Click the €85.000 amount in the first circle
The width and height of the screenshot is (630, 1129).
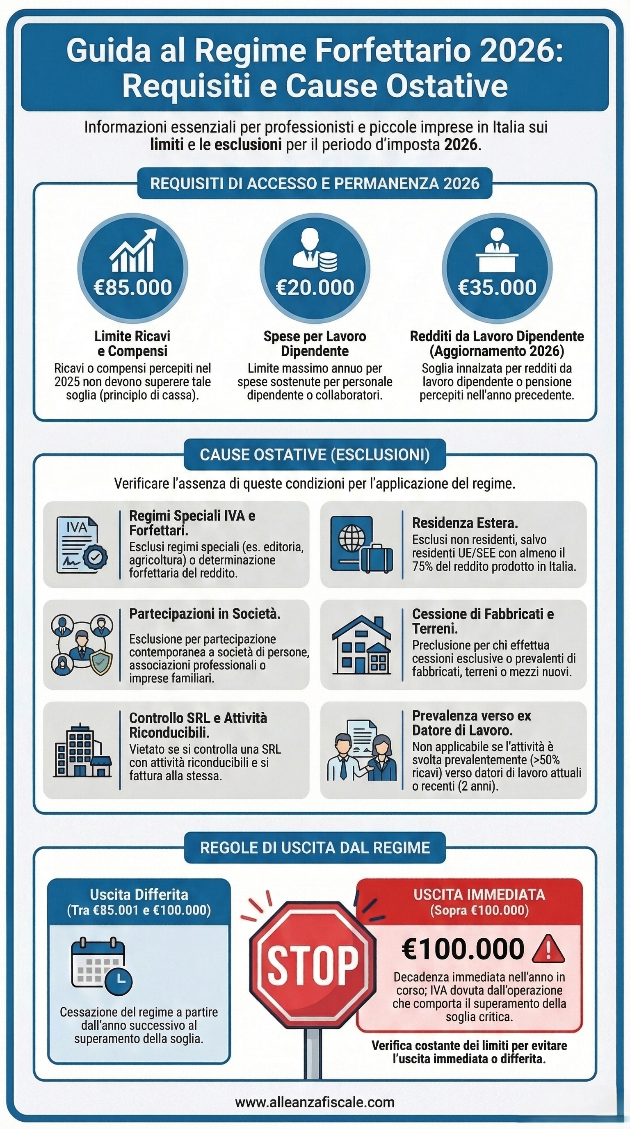coord(133,288)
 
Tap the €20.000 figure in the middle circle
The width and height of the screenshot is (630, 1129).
coord(315,288)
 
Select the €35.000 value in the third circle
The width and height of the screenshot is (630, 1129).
coord(497,288)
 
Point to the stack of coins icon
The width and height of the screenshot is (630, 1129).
coord(328,262)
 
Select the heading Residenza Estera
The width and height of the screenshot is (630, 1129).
coord(465,523)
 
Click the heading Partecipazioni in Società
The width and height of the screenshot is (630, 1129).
coord(205,614)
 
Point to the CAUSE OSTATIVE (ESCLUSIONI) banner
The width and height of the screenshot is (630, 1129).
coord(315,455)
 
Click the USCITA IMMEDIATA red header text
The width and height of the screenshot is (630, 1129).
coord(479,894)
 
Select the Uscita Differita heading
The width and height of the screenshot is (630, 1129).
coord(139,894)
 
